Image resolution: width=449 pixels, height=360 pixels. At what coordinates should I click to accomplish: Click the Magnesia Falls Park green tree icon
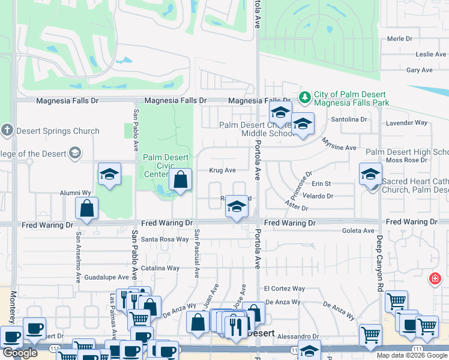305,96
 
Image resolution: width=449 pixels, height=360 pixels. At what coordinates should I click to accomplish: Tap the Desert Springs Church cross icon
7,130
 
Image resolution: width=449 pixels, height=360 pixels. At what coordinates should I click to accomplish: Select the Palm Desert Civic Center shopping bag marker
180,179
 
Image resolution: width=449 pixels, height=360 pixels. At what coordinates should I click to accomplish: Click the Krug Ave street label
222,170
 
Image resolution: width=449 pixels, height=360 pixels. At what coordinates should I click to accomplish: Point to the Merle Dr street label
400,38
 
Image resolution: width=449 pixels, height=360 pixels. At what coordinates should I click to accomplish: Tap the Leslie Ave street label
432,54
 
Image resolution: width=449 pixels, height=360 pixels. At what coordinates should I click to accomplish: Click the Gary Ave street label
420,70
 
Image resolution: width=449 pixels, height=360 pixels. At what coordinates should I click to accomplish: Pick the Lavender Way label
407,122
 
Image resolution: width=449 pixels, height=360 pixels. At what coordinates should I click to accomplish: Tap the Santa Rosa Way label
165,239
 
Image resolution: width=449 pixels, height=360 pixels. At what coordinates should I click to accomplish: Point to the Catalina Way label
160,268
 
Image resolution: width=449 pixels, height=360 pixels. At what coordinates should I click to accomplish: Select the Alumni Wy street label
74,193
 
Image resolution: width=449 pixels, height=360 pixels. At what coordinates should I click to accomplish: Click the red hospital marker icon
435,279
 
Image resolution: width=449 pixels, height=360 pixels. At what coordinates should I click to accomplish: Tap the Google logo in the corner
20,353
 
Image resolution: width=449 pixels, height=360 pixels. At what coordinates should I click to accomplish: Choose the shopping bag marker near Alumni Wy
87,209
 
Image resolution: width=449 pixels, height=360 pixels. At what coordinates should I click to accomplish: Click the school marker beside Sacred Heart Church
370,175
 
